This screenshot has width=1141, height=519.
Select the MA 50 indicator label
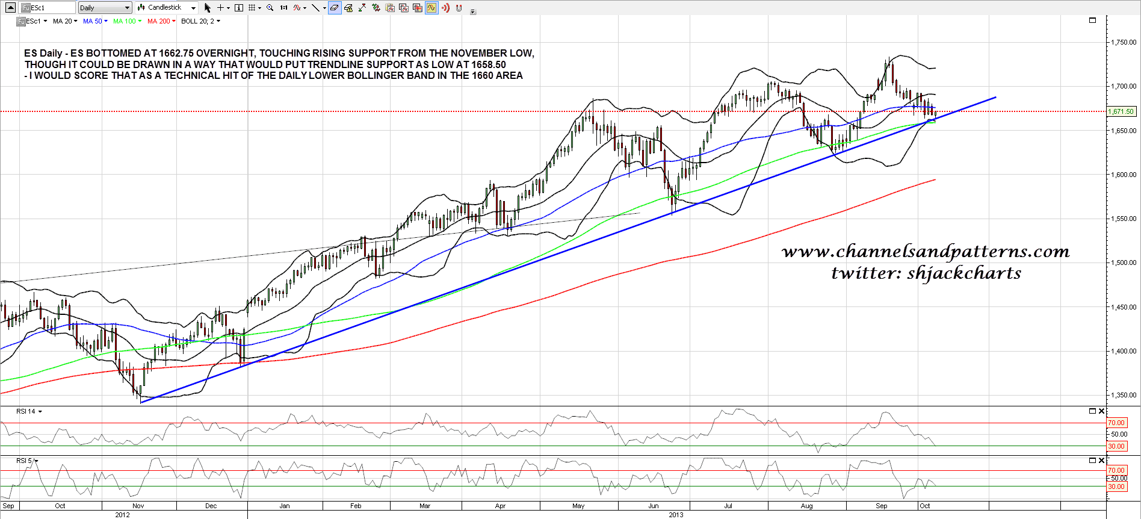tap(93, 21)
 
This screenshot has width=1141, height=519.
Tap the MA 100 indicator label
tap(125, 21)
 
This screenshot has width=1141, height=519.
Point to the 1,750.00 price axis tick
tap(1124, 42)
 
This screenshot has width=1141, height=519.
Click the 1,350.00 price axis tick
tap(1124, 395)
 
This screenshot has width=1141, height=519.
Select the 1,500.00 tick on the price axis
tap(1124, 263)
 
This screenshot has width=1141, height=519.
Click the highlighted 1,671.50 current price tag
tap(1121, 111)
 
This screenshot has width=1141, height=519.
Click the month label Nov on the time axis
tap(138, 506)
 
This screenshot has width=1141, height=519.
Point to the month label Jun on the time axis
tap(654, 506)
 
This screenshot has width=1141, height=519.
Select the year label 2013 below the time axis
tap(676, 515)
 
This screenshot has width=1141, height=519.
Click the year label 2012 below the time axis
tap(122, 515)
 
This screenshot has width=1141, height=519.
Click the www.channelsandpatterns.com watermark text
tap(926, 251)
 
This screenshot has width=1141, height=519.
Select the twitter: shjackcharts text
tap(926, 273)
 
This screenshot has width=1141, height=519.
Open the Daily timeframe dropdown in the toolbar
tap(105, 8)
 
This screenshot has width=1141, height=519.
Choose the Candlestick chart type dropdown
tap(167, 8)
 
